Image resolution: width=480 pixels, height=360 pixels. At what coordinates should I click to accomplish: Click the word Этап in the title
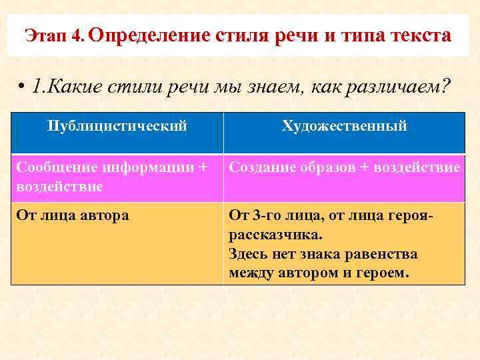tap(46, 35)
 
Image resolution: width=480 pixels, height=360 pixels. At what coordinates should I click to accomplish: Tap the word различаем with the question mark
tap(393, 87)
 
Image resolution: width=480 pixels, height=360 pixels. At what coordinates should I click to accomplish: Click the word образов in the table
tap(322, 167)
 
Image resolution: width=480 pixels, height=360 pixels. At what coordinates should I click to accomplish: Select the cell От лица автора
tap(72, 215)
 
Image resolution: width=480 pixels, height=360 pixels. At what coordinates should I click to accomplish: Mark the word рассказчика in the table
tap(272, 235)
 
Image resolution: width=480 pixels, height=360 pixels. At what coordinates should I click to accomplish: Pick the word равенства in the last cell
tap(384, 254)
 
